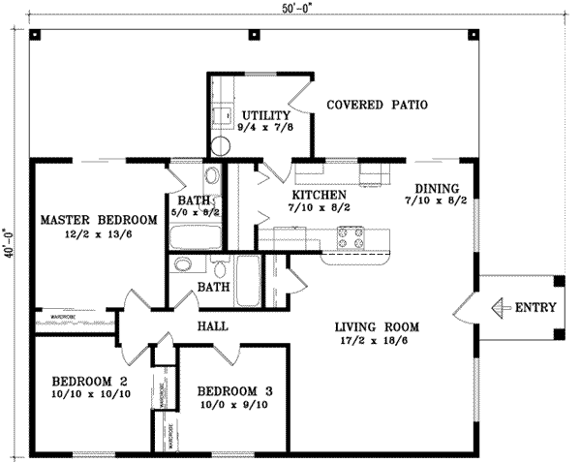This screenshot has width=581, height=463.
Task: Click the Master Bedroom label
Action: point(99,220)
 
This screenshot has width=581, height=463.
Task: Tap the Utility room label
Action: point(266,114)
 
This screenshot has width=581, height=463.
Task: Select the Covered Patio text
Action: point(377,104)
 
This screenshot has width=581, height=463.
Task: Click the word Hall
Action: point(211,326)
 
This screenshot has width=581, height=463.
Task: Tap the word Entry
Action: point(535,308)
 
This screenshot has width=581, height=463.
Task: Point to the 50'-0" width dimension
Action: point(289,8)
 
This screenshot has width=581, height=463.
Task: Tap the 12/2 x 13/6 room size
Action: point(99,234)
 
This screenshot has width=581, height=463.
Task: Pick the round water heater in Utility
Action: point(222,145)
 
